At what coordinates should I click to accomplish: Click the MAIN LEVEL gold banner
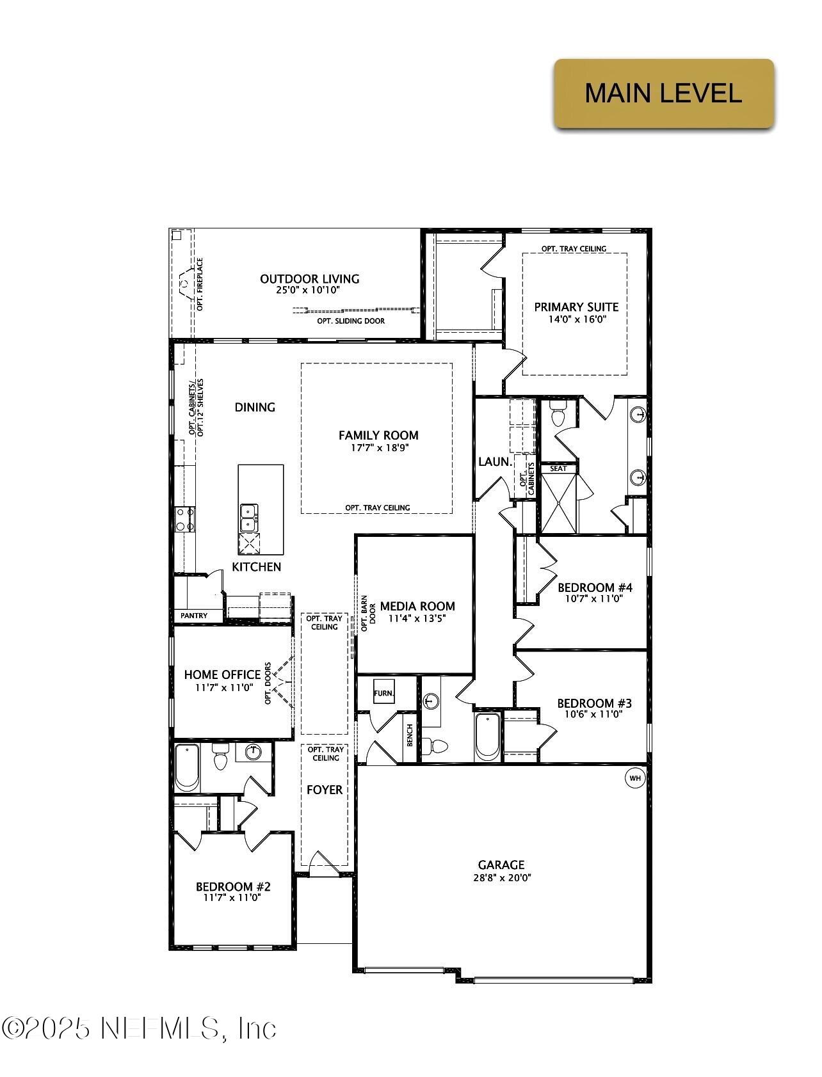(663, 93)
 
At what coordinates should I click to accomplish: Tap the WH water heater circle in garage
(635, 778)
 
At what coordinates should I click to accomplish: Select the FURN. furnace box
(384, 693)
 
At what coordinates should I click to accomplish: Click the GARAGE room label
(501, 865)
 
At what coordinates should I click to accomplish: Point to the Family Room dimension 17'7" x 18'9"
(379, 448)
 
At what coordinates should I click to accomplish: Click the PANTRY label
(194, 616)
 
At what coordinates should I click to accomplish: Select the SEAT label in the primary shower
(558, 468)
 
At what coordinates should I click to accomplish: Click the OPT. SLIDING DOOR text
(351, 321)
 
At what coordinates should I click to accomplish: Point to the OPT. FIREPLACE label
(200, 284)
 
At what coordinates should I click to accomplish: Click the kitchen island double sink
(248, 517)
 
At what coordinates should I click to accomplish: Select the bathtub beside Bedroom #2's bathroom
(187, 767)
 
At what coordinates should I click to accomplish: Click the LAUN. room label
(495, 461)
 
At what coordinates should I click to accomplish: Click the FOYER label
(325, 790)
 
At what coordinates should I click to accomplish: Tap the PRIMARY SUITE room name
(576, 307)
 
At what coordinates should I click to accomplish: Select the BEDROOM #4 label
(595, 587)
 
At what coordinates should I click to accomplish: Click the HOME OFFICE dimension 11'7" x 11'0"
(223, 687)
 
